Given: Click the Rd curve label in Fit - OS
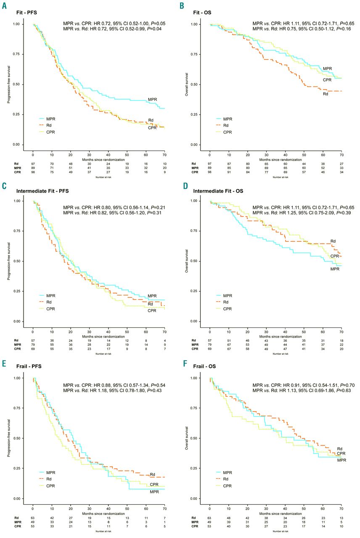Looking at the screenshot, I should click(x=326, y=94).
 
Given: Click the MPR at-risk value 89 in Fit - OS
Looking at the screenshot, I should click(x=210, y=168).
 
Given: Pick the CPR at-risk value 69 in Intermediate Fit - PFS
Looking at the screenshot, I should click(x=33, y=349).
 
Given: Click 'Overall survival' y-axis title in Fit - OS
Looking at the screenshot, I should click(x=187, y=84).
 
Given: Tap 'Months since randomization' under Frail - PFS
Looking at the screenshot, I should click(x=98, y=512).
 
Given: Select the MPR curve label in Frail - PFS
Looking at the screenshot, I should click(x=154, y=492).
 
